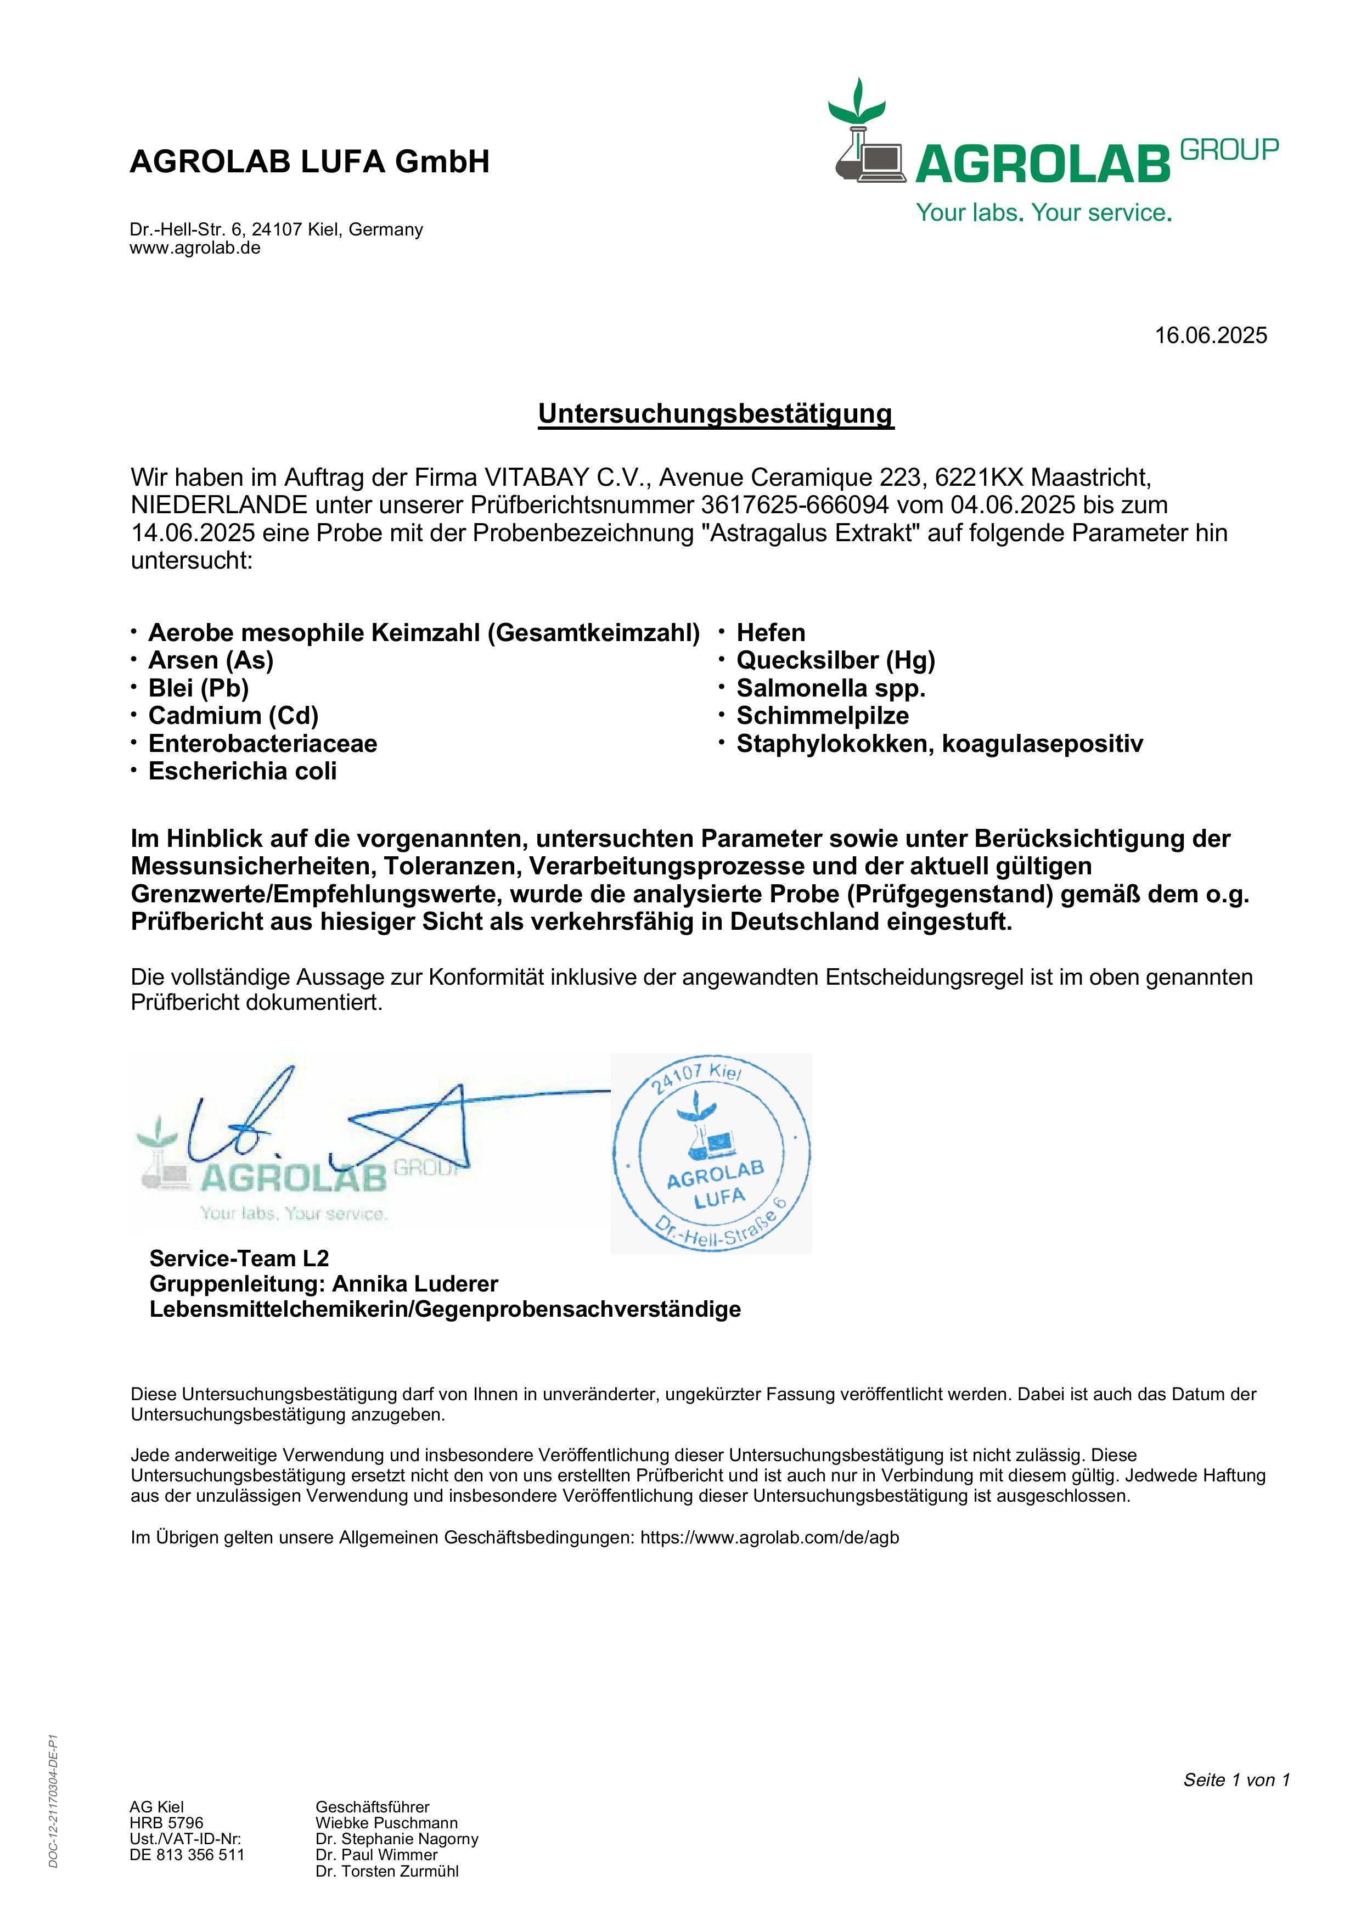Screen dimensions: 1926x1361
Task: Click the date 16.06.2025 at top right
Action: pos(1210,335)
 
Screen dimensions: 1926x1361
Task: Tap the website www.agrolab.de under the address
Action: pos(195,248)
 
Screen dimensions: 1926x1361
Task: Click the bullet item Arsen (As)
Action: pos(211,660)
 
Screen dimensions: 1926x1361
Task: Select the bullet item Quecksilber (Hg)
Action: pos(835,660)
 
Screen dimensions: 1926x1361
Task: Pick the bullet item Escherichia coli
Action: pos(243,771)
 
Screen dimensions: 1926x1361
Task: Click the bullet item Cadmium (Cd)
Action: pos(233,716)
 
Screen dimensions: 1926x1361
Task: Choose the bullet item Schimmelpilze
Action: pos(822,716)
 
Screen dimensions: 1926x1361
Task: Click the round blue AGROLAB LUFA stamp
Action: pos(711,1153)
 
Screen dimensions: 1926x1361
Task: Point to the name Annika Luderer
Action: pos(415,1283)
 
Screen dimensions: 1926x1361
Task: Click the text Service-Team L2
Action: pos(239,1257)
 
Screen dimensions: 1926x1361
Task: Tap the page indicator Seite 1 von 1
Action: pos(1236,1779)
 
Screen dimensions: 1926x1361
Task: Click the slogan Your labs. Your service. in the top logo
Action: pos(1043,212)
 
